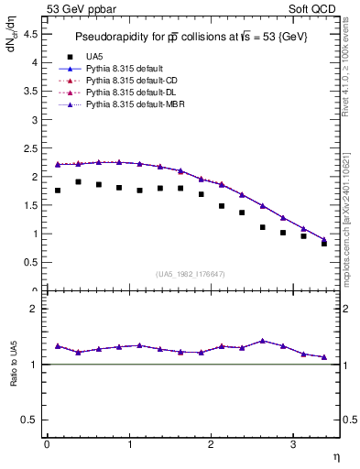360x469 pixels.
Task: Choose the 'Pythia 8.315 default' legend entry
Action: coord(125,69)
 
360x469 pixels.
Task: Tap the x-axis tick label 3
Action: coord(292,444)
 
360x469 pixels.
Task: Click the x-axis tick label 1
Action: coord(128,444)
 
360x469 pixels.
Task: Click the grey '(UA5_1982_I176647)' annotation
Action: coord(191,273)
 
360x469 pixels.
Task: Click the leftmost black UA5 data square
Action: coord(58,191)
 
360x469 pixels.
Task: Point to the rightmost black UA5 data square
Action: coord(324,244)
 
